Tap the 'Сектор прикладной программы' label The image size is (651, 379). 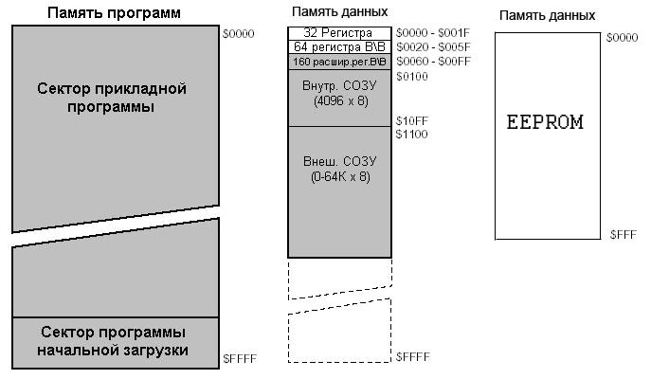tap(112, 98)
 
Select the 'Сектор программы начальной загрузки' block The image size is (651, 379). tap(113, 342)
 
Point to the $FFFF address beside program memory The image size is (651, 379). tap(239, 358)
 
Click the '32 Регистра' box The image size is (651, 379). tap(338, 33)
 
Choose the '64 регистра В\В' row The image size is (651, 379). tap(338, 46)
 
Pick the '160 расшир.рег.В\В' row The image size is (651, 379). tap(338, 62)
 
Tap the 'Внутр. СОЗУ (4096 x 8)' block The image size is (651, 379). tap(338, 94)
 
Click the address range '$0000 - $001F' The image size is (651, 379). tap(433, 33)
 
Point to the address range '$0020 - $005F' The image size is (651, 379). tap(433, 46)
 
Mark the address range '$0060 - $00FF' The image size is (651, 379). tap(433, 62)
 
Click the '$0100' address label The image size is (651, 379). tap(412, 76)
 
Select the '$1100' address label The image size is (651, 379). tap(412, 135)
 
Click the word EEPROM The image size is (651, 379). tap(545, 122)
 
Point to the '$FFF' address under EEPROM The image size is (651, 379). tap(623, 233)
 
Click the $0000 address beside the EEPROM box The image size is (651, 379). tap(622, 37)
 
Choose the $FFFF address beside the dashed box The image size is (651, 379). tap(413, 356)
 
